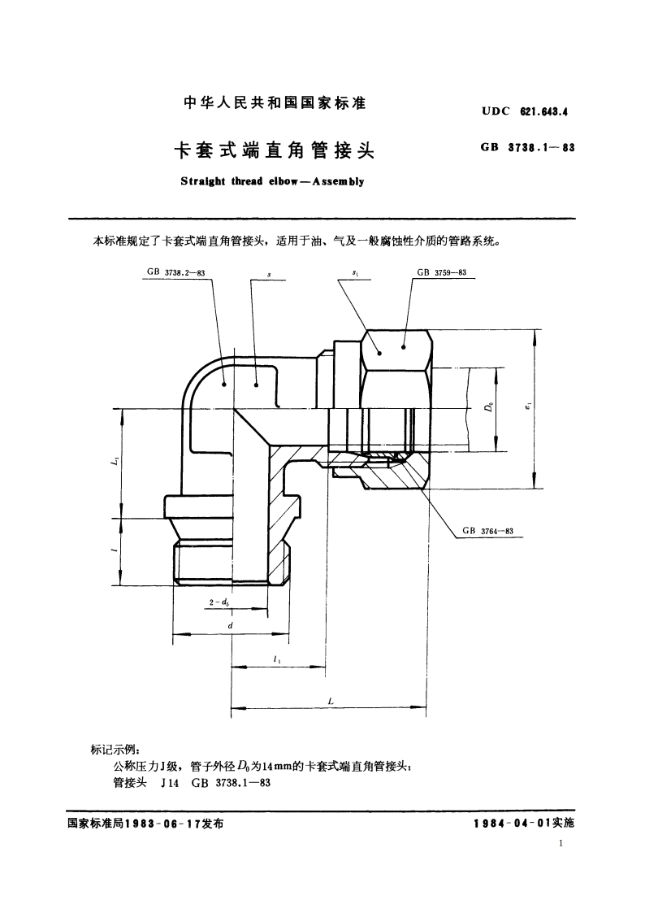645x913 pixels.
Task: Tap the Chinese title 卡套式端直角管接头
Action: click(x=274, y=150)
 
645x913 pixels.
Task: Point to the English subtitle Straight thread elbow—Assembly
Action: click(x=272, y=181)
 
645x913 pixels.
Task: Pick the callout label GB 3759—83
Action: click(x=441, y=273)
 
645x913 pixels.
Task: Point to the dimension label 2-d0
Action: click(x=218, y=602)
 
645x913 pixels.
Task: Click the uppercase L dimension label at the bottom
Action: click(x=330, y=700)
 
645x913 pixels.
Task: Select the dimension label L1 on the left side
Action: click(x=115, y=463)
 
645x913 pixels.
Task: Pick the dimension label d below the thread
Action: click(x=231, y=625)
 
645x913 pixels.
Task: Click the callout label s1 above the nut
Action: click(x=355, y=274)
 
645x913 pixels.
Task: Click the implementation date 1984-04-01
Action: click(x=512, y=823)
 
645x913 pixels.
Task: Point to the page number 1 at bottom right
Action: click(x=561, y=846)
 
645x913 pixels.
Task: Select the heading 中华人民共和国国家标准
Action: click(x=274, y=105)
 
